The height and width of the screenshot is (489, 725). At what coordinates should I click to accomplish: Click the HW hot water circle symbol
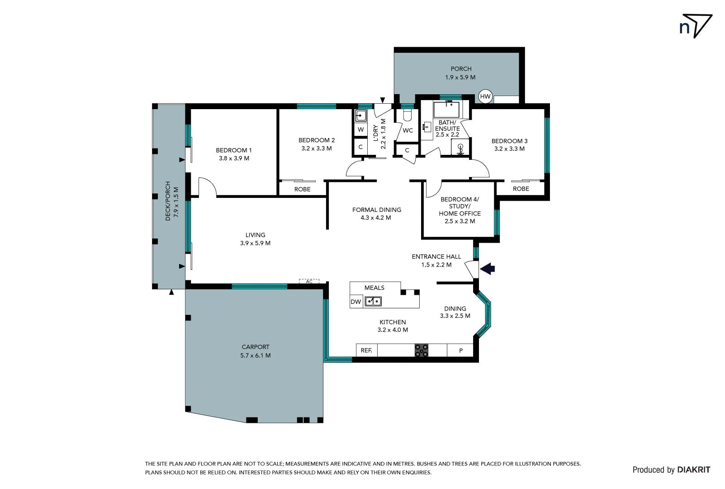point(485,96)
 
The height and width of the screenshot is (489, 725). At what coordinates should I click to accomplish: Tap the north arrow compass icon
point(696,26)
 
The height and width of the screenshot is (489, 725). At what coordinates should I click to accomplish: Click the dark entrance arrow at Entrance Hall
point(488,269)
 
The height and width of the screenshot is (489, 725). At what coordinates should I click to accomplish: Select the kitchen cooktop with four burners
point(422,350)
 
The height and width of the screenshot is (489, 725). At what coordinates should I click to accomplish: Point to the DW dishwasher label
point(356,302)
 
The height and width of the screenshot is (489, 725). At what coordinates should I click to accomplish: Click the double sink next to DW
point(373,301)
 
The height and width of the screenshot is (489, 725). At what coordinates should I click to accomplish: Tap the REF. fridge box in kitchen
point(366,350)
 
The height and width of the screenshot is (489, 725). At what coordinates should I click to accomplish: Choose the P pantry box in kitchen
point(460,350)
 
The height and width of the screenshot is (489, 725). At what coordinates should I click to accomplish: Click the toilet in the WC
point(407,115)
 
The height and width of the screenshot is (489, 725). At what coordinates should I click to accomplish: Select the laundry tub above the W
point(360,115)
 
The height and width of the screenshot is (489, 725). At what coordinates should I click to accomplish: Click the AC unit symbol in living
point(309,282)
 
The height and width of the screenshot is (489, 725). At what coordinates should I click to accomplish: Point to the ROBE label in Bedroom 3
point(521,189)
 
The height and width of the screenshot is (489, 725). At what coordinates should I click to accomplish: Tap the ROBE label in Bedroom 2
point(302,189)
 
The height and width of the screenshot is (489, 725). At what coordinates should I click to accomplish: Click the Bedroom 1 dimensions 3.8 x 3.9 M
point(234,158)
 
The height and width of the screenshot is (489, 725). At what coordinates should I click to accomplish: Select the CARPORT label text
point(256,347)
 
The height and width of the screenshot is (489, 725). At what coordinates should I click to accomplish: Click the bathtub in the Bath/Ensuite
point(446,110)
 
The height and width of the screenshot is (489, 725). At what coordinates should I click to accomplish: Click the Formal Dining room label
point(377,210)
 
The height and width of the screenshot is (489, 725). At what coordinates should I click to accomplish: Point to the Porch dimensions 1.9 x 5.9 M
point(460,77)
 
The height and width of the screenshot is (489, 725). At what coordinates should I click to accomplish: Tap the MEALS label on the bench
point(374,288)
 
